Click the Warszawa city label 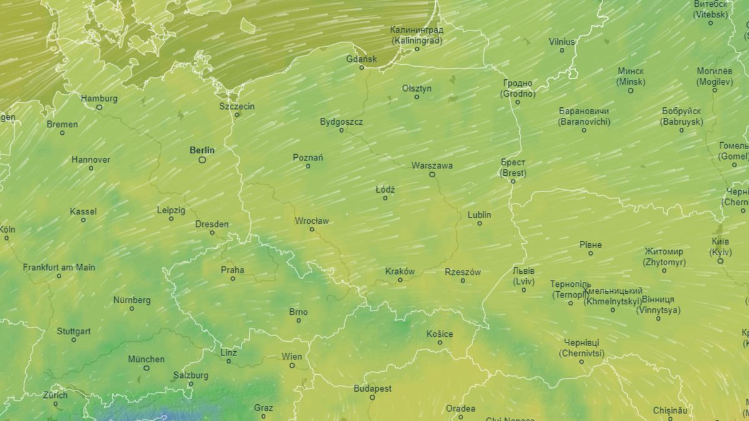[x=432, y=166]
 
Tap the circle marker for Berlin [x=202, y=160]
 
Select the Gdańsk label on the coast [x=361, y=59]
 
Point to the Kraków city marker [x=400, y=280]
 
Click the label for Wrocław [x=311, y=221]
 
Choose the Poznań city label [x=308, y=158]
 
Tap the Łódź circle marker [x=384, y=198]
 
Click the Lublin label [x=479, y=215]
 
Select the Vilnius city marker [x=562, y=51]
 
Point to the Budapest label [x=373, y=389]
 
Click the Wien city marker [x=291, y=365]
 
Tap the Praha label [x=232, y=270]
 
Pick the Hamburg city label [x=99, y=99]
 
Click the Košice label [x=439, y=334]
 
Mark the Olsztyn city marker [x=417, y=97]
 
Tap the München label [x=146, y=359]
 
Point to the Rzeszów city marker [x=463, y=281]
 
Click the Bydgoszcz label [x=341, y=122]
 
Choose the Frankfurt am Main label [x=59, y=267]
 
